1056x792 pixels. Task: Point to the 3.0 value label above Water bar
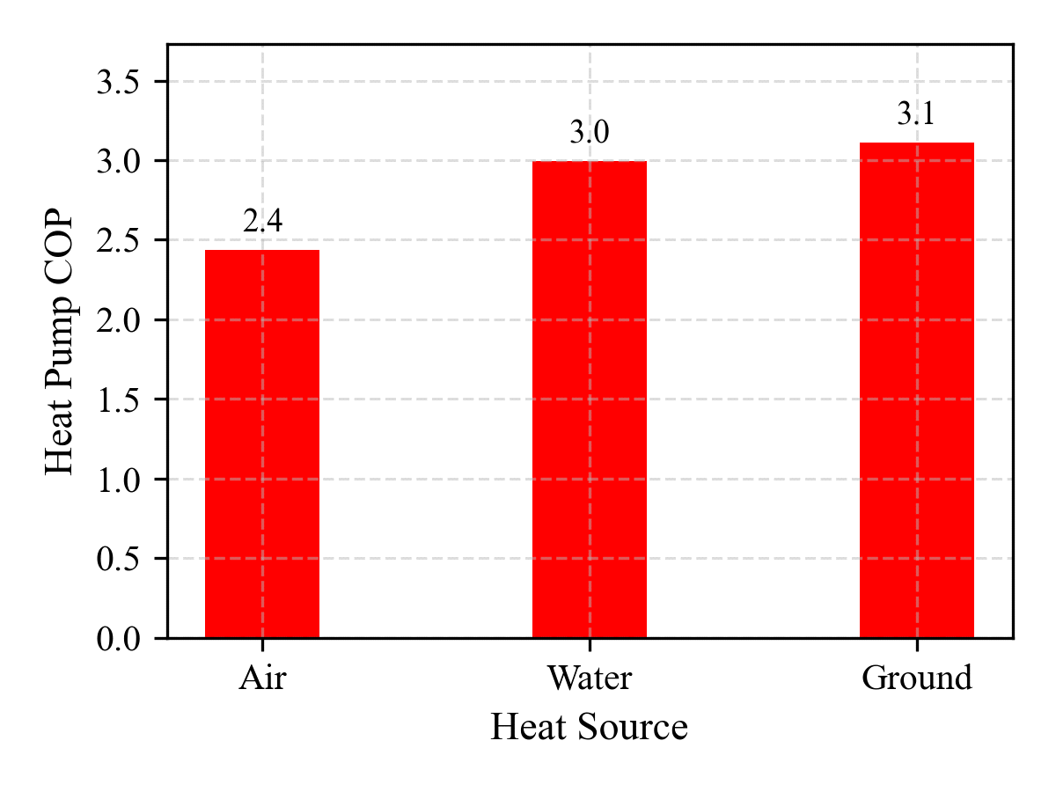pos(590,134)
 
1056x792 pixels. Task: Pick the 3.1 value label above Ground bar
pos(917,115)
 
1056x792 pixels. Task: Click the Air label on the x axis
pos(262,678)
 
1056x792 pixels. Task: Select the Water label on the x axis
pos(590,678)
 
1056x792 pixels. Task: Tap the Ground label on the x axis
pos(917,678)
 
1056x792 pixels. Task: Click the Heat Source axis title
pos(589,728)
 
